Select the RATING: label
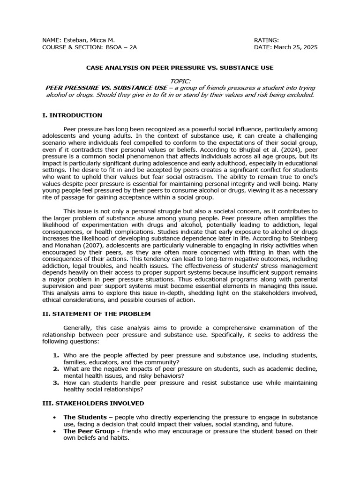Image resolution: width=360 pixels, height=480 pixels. (x=266, y=40)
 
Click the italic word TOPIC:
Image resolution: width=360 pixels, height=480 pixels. (x=180, y=81)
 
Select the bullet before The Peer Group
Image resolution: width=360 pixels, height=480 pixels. (x=56, y=431)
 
